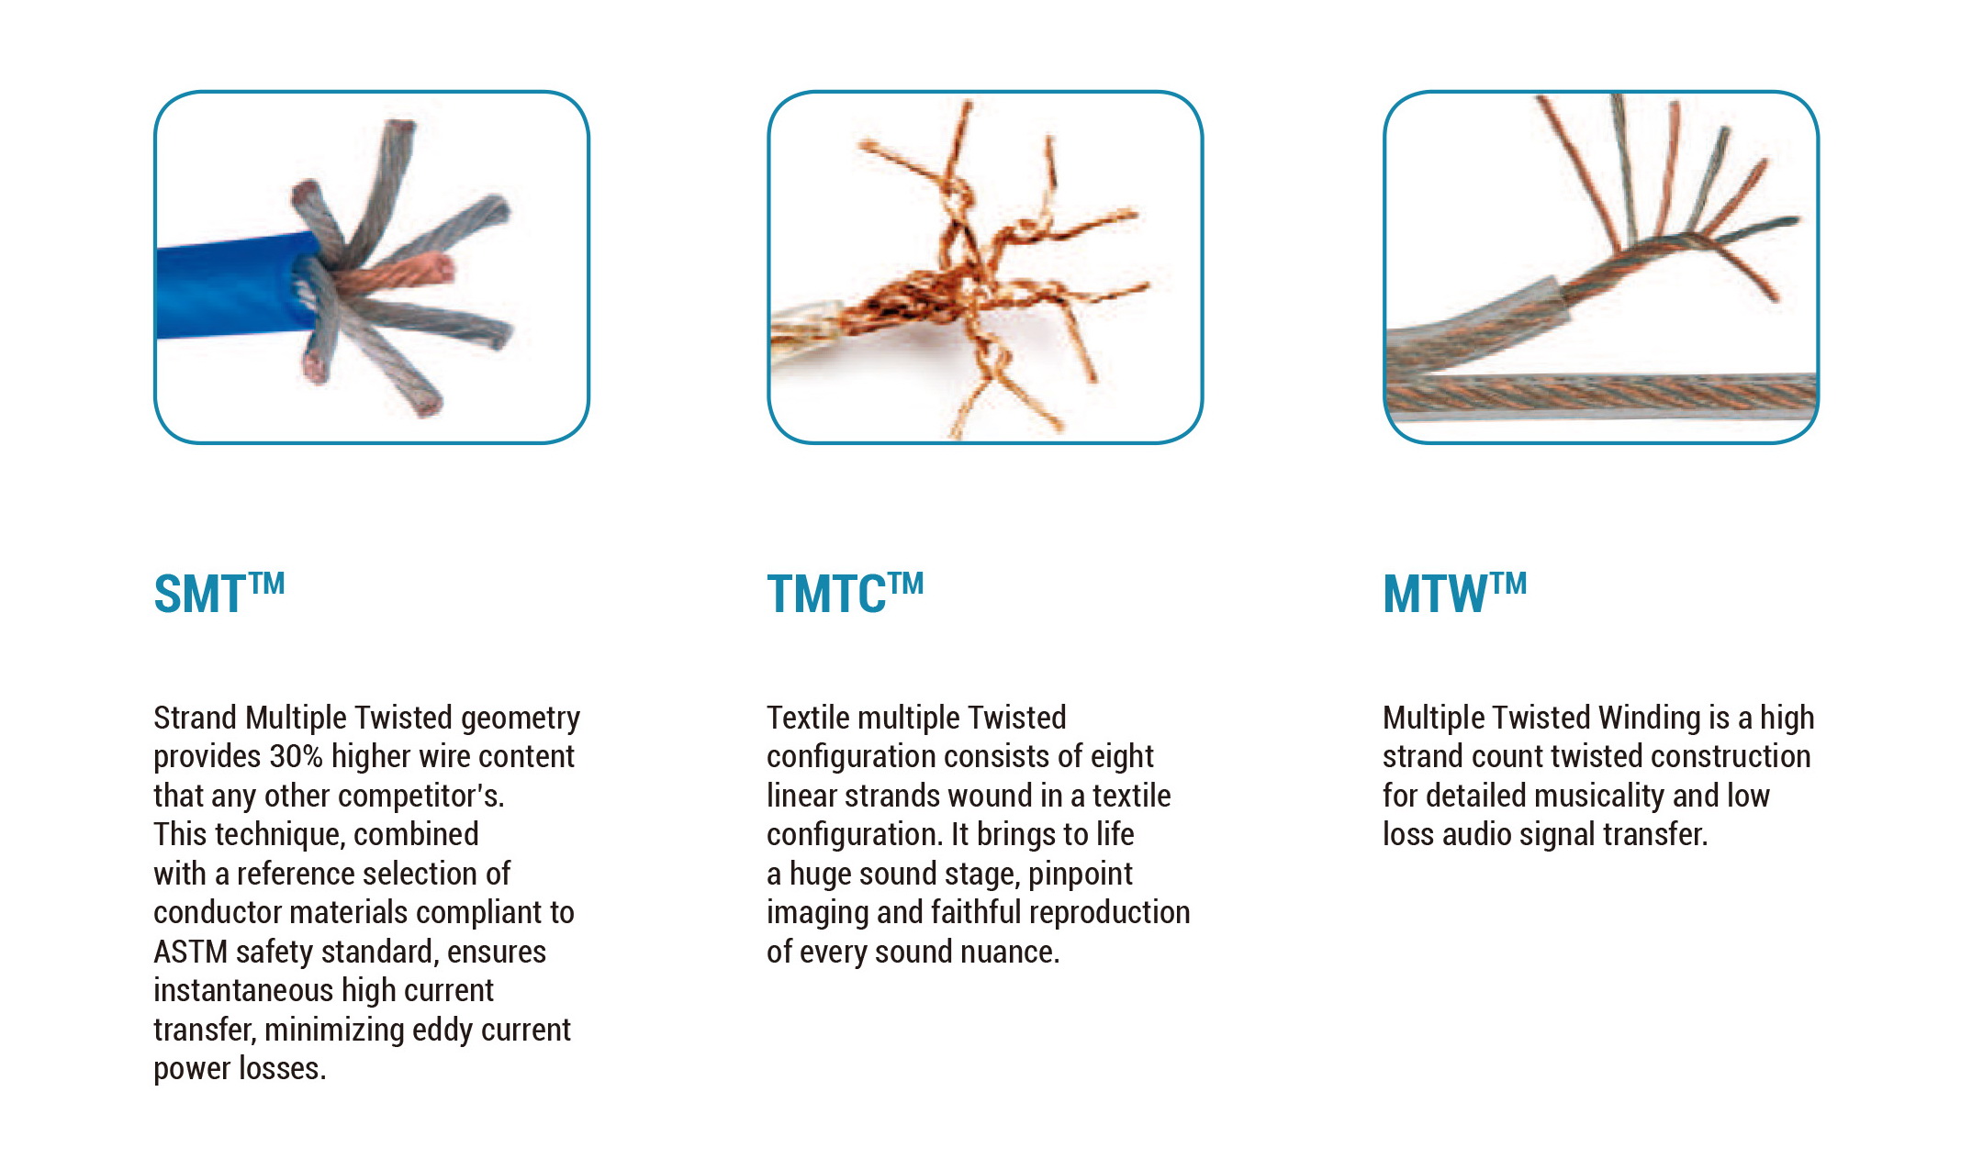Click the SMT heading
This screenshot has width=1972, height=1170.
tap(219, 593)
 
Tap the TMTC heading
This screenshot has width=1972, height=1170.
tap(845, 593)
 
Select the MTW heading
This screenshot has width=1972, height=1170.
tap(1454, 593)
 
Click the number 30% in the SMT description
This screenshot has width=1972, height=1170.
tap(297, 756)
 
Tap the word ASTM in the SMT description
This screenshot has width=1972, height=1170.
tap(190, 952)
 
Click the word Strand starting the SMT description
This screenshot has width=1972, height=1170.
tap(196, 718)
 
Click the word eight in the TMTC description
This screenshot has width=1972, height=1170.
tap(1122, 757)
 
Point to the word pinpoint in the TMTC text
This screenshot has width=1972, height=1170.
tap(1081, 875)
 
